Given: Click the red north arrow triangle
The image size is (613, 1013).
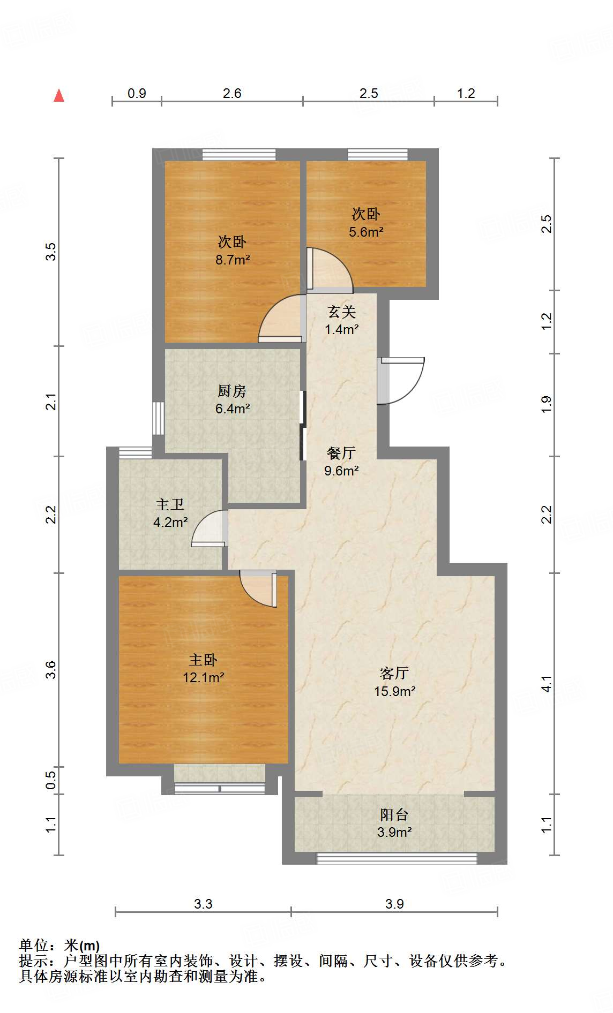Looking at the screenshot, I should tap(59, 96).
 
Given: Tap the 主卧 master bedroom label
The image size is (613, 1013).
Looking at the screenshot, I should tap(203, 660).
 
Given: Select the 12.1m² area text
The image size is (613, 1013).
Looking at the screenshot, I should tap(203, 677).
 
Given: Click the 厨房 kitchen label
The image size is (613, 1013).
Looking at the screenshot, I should tap(232, 391).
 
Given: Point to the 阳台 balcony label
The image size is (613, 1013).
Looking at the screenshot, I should tap(394, 814).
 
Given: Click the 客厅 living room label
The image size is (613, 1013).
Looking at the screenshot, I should tap(394, 673).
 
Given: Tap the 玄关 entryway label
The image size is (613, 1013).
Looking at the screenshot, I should tap(342, 311).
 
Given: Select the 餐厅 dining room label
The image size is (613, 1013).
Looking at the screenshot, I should tap(341, 453).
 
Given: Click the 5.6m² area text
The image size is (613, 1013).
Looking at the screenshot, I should tap(366, 232).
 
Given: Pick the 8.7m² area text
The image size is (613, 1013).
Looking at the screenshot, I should tap(233, 260).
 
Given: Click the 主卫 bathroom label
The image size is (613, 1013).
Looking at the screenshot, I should tap(170, 504).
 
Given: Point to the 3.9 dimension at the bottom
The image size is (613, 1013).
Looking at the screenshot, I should tap(394, 904).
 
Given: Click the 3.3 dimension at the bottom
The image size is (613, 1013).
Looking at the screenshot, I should tap(203, 904).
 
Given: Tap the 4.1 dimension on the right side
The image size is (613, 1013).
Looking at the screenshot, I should tap(546, 684).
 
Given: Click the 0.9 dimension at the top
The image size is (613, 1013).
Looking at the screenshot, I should tap(137, 93).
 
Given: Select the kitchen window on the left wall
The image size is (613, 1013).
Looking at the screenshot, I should tap(158, 418).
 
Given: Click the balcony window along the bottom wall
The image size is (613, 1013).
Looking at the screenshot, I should tap(397, 858).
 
